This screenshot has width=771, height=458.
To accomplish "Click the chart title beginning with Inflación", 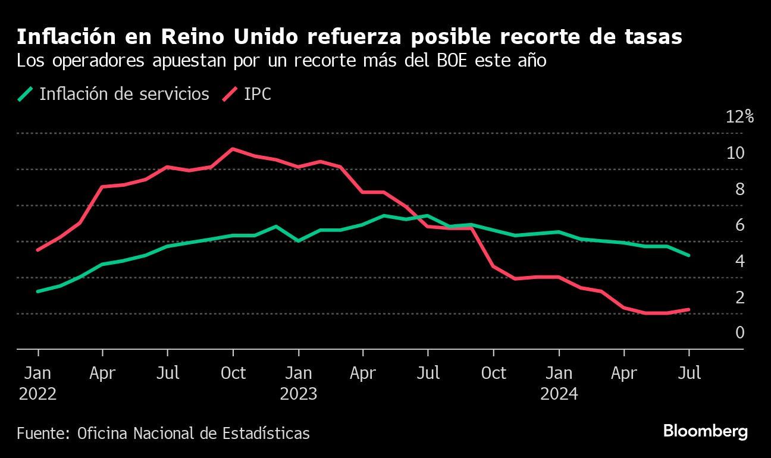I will [x=349, y=37].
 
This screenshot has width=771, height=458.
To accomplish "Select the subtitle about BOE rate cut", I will [x=281, y=61].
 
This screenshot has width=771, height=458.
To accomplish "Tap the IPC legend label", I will [x=257, y=94].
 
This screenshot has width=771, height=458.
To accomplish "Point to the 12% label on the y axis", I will [x=739, y=116].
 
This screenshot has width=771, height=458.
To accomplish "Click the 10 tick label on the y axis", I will [x=735, y=153].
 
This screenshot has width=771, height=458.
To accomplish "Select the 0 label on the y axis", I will [x=739, y=332].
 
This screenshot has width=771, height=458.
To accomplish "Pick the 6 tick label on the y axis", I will [x=739, y=225].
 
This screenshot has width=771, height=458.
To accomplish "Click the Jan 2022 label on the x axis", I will [x=37, y=383].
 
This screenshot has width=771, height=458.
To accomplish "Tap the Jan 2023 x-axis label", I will [x=298, y=383].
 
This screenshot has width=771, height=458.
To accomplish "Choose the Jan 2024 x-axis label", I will [x=559, y=383].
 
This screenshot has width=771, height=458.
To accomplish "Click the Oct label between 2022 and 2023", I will [x=233, y=374].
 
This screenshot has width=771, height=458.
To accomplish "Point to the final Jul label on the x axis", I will [x=689, y=374].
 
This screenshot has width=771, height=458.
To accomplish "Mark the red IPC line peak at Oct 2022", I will [x=233, y=149].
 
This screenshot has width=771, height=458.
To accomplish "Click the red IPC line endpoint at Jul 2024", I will [x=689, y=309].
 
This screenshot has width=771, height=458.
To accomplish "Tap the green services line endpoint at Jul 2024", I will [x=689, y=255].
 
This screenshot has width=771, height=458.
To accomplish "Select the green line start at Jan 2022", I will [x=37, y=291].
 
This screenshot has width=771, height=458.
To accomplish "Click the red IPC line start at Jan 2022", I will [x=37, y=250].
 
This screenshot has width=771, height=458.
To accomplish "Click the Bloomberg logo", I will [x=705, y=431].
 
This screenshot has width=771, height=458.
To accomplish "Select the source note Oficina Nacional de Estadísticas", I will [x=163, y=433].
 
